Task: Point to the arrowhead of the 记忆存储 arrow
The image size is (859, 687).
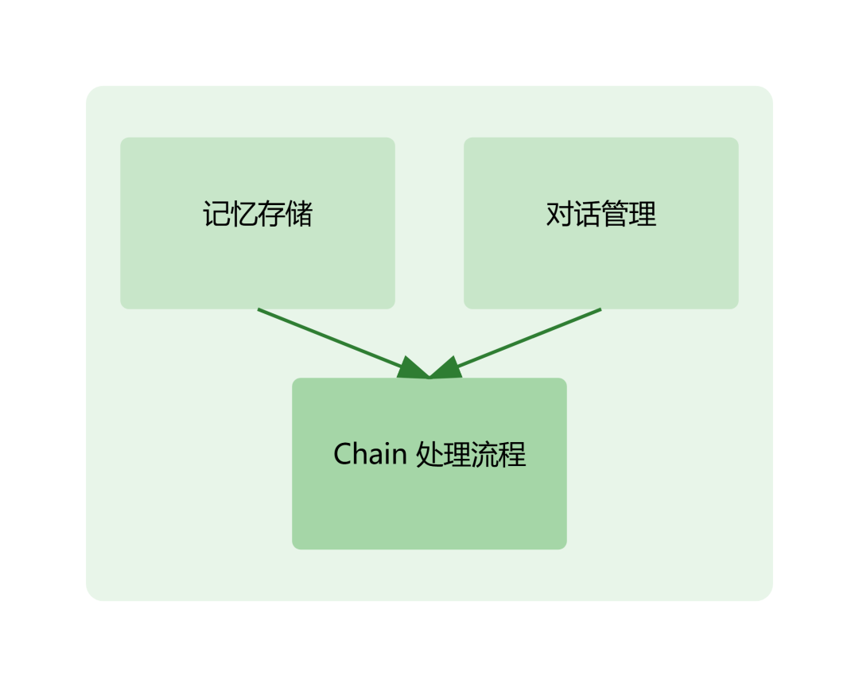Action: (x=414, y=369)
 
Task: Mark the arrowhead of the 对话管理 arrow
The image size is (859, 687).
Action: (x=445, y=369)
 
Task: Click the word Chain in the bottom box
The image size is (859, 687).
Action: (x=370, y=454)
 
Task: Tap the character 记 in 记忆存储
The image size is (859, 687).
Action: (x=216, y=215)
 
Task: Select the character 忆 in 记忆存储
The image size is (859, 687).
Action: (x=243, y=215)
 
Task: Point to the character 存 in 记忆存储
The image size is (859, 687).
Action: (x=271, y=215)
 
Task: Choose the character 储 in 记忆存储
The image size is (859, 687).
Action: (x=299, y=215)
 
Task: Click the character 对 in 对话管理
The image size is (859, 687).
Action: (x=560, y=215)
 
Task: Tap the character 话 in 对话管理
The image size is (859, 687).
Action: (x=587, y=215)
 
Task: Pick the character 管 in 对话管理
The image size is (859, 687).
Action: (x=615, y=215)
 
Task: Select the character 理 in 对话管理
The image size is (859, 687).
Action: (x=643, y=215)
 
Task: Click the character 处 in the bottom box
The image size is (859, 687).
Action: (x=430, y=454)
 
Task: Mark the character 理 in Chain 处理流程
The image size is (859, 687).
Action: (x=457, y=454)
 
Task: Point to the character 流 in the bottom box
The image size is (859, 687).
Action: (x=485, y=454)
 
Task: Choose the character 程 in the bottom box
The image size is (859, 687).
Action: (x=512, y=454)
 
